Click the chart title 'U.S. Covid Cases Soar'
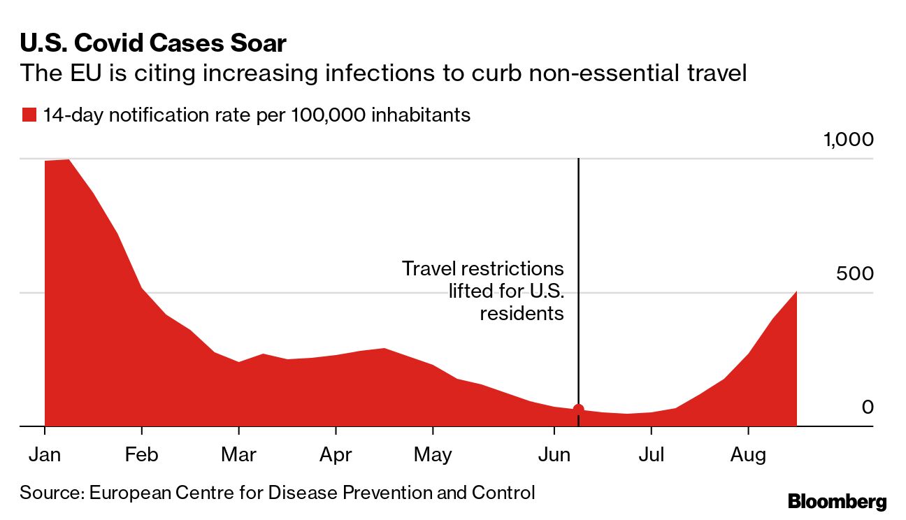click(x=153, y=43)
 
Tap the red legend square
click(x=29, y=115)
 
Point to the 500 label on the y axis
click(x=855, y=273)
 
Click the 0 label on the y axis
click(x=868, y=407)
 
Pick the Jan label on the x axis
click(x=45, y=455)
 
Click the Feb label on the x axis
click(x=142, y=455)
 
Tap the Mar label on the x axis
click(x=238, y=455)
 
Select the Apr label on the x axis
click(x=336, y=455)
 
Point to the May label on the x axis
click(x=433, y=455)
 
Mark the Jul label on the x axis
click(x=651, y=455)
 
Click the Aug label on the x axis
click(x=748, y=455)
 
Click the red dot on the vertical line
click(x=578, y=410)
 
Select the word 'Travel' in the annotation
click(x=428, y=268)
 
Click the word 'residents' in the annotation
click(x=522, y=313)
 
